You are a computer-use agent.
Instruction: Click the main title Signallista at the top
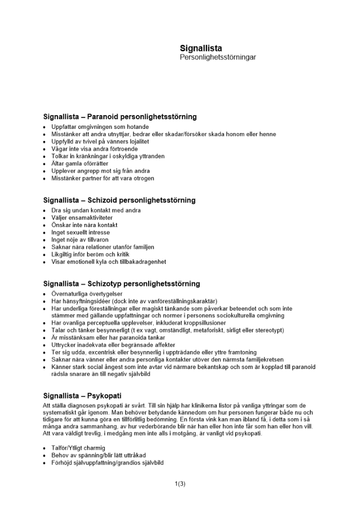click(x=201, y=48)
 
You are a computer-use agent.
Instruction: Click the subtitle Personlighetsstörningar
click(x=217, y=58)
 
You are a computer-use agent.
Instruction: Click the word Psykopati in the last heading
click(x=104, y=395)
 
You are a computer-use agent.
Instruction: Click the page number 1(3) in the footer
click(x=180, y=484)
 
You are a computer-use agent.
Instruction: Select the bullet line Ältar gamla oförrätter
click(x=80, y=164)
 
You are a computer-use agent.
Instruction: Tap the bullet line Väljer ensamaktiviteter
click(x=81, y=218)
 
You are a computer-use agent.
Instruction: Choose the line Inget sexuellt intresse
click(x=80, y=233)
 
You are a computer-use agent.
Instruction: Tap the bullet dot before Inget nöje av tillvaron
click(x=45, y=240)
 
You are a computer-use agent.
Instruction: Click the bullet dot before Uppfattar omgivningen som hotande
click(x=45, y=127)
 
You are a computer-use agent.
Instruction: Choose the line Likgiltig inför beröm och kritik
click(x=91, y=254)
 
